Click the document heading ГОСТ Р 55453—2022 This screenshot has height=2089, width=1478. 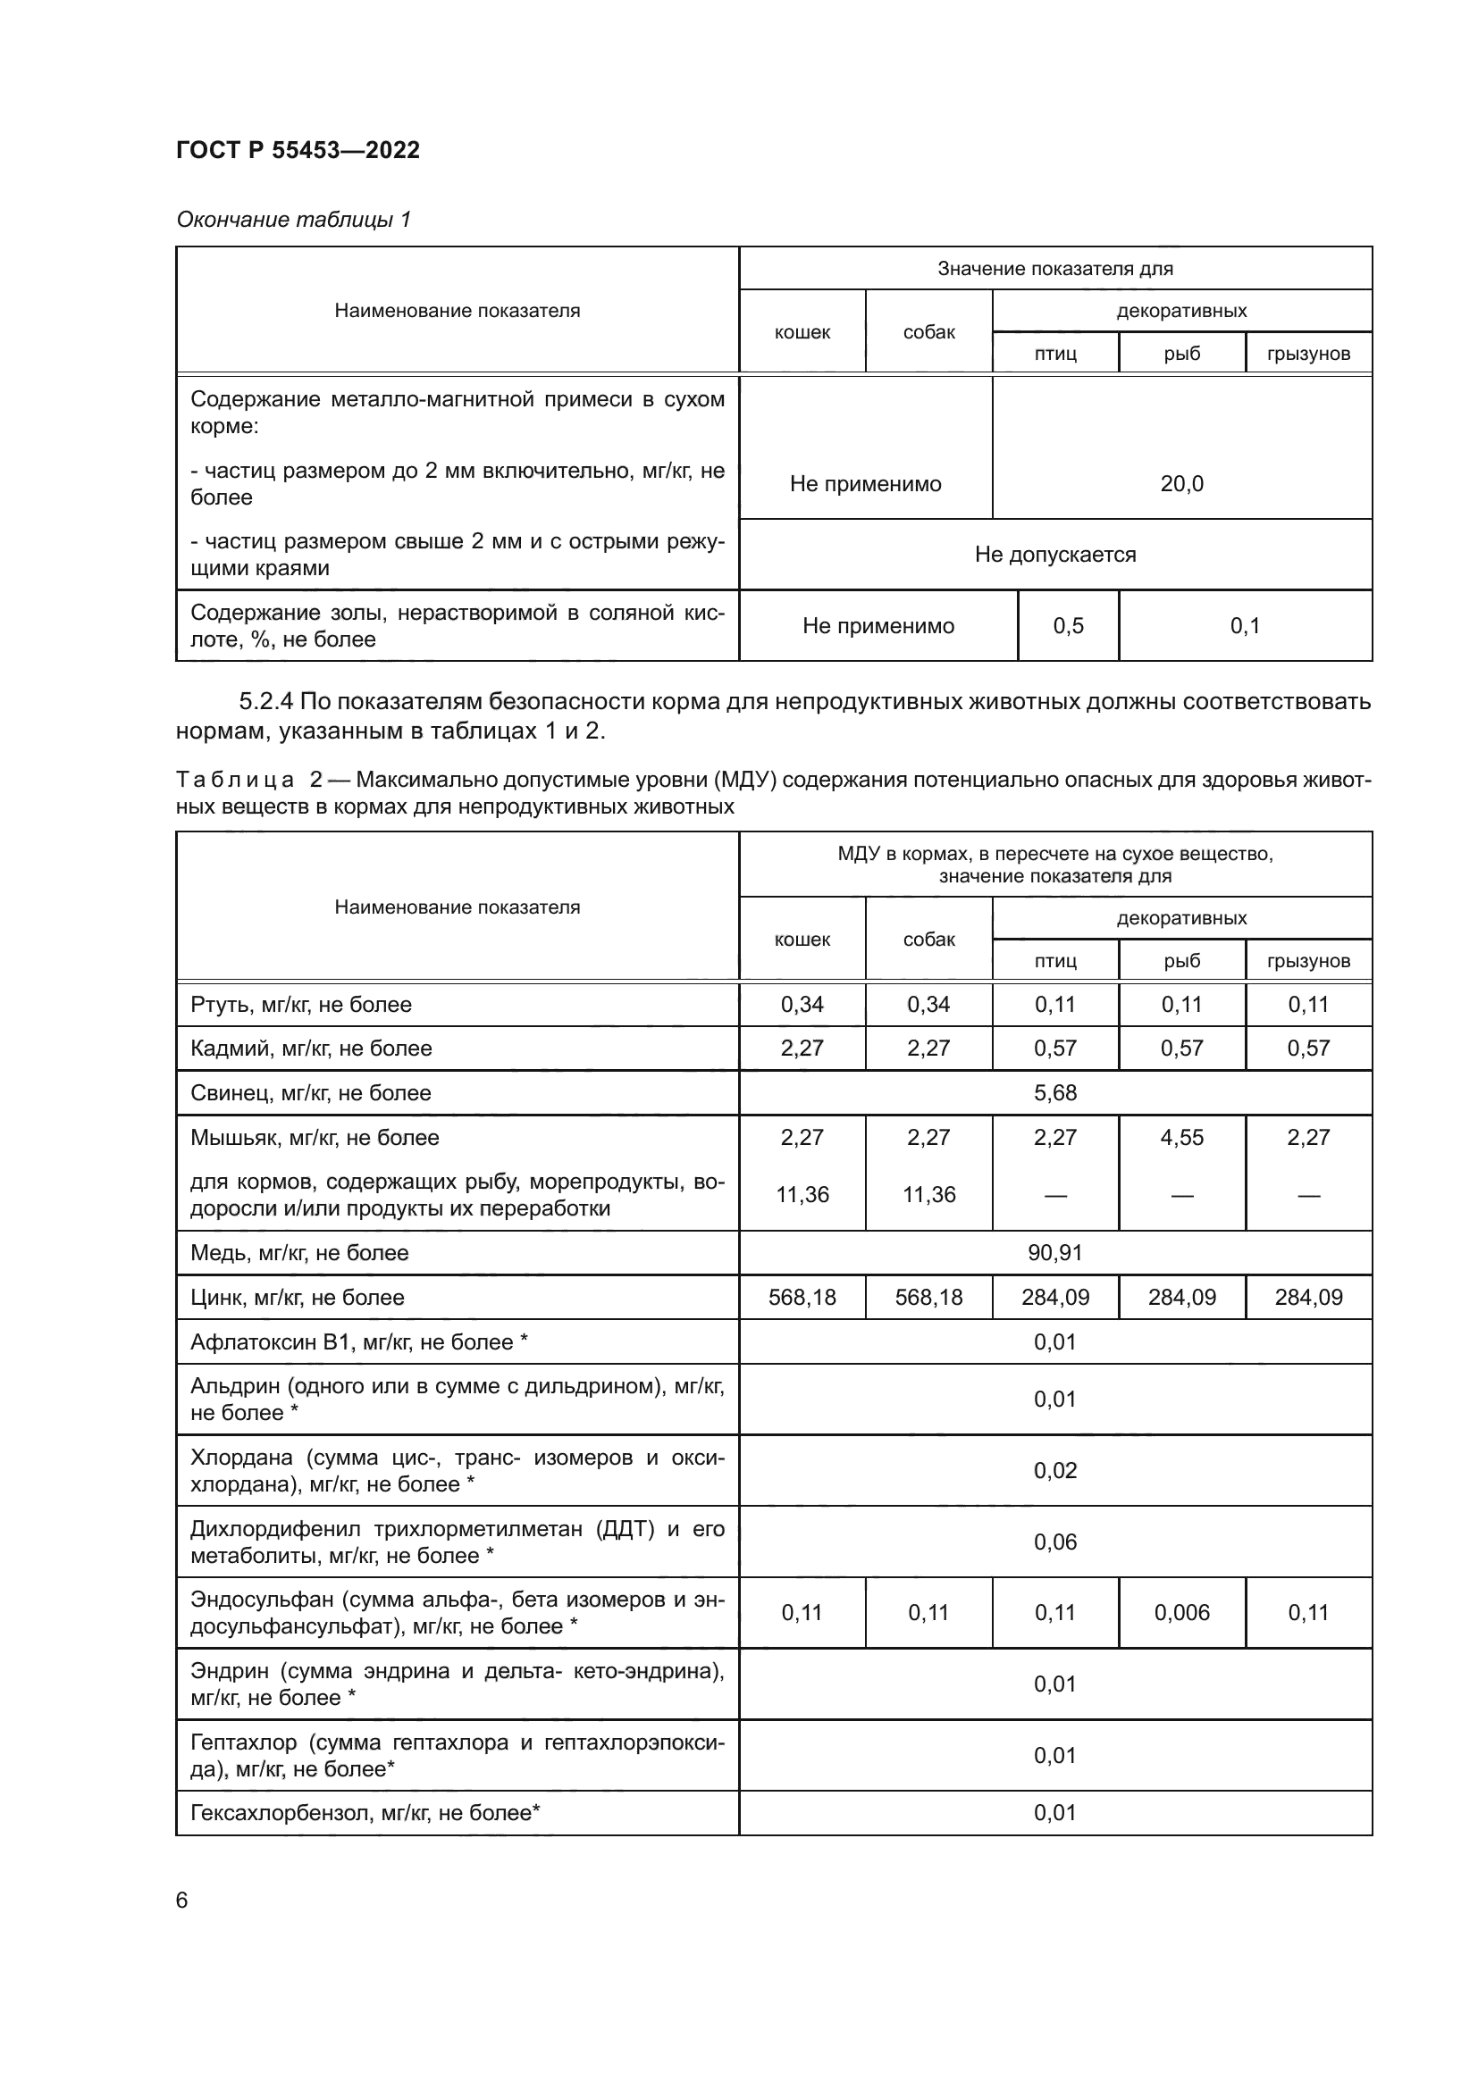click(298, 150)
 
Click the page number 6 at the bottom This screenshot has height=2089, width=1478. click(182, 1900)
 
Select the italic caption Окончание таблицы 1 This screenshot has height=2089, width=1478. click(293, 220)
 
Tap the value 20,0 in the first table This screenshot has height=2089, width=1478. click(1181, 484)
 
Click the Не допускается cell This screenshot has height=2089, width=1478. click(1054, 554)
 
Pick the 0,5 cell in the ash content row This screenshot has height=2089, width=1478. click(1068, 626)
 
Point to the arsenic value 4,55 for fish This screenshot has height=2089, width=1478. click(1181, 1137)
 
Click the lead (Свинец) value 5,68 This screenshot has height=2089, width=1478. click(1054, 1092)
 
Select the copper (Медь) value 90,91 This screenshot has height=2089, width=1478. click(1054, 1253)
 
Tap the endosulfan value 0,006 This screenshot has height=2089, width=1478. click(1181, 1613)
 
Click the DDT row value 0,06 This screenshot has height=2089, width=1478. click(1054, 1542)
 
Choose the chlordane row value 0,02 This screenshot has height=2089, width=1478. click(1054, 1471)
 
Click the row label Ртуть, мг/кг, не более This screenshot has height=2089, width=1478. click(300, 1005)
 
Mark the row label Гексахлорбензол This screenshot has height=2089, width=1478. click(364, 1813)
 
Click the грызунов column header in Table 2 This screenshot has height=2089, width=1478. click(1308, 961)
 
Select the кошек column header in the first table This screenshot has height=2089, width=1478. click(802, 332)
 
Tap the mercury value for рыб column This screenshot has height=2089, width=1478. click(1181, 1005)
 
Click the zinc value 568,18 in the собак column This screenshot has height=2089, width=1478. click(928, 1298)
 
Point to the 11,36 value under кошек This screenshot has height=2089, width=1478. click(802, 1195)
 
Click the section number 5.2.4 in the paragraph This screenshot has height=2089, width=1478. click(265, 702)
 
